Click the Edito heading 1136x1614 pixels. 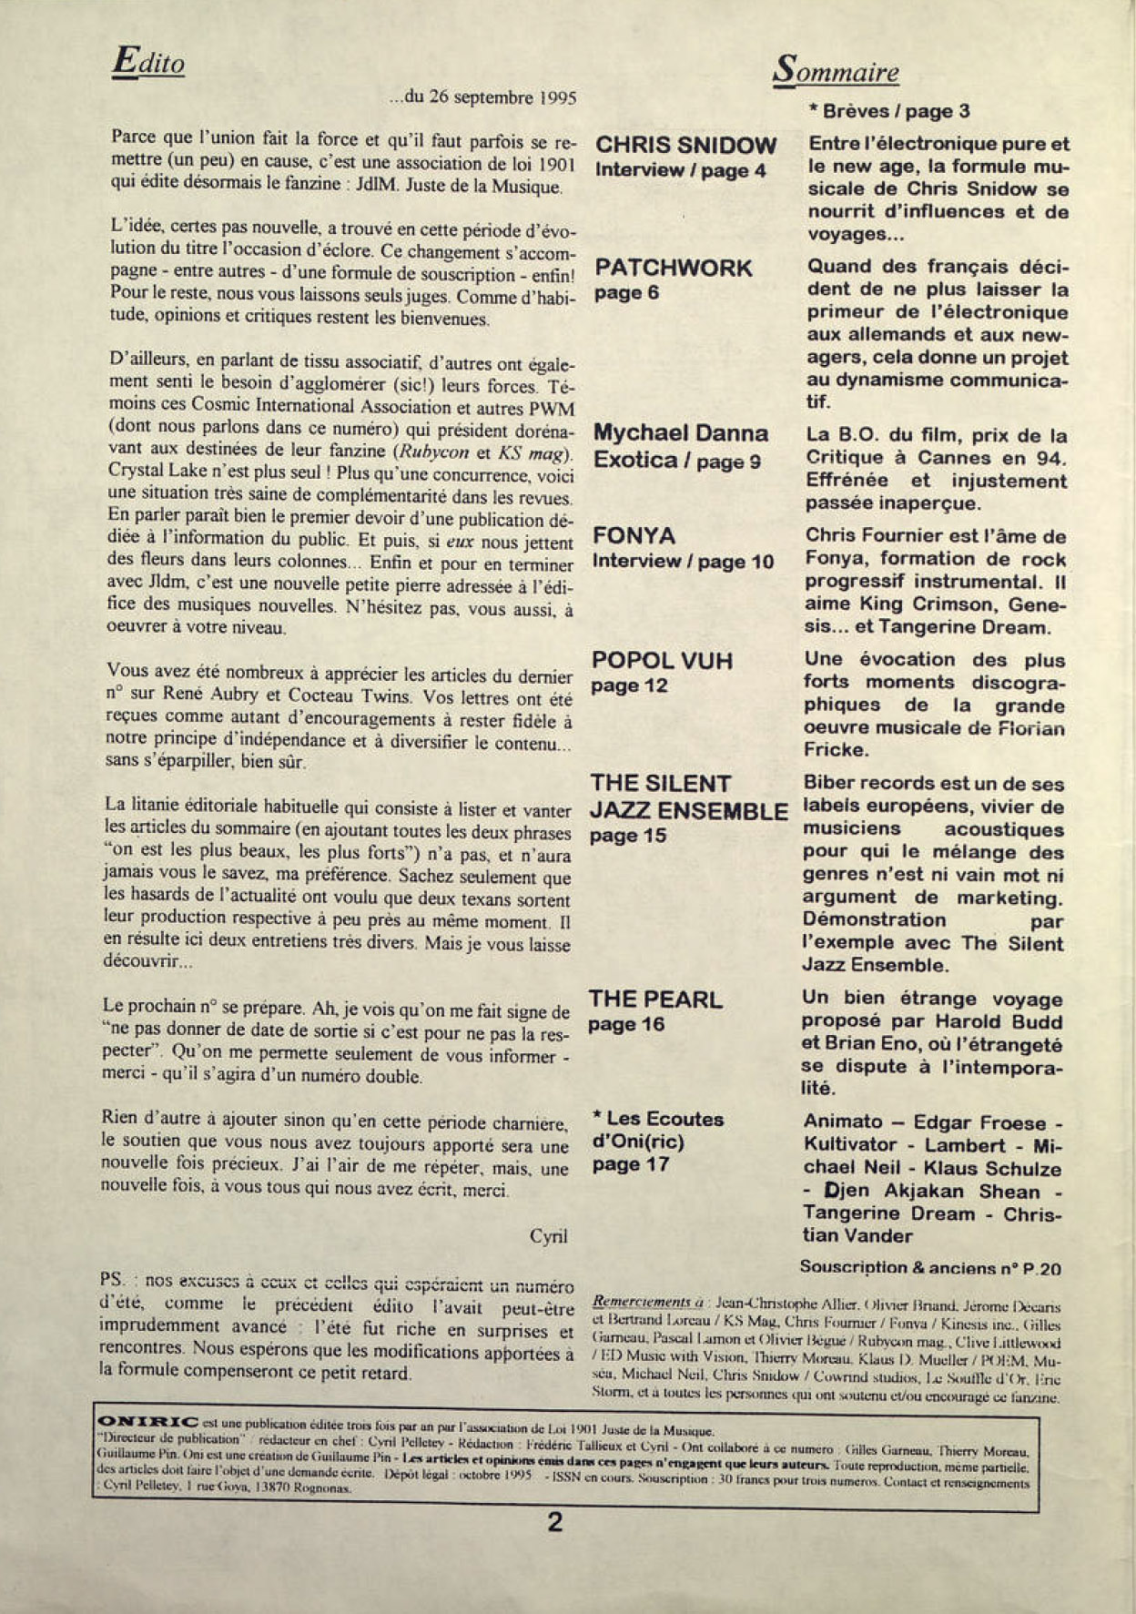click(x=148, y=62)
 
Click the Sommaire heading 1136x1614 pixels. click(x=836, y=71)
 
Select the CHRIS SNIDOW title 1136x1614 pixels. click(x=685, y=146)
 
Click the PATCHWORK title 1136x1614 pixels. click(x=674, y=269)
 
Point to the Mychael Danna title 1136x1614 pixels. click(x=681, y=433)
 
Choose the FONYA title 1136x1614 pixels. click(x=634, y=535)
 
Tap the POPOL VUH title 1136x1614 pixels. click(x=662, y=660)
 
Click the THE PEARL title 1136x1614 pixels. click(x=655, y=1000)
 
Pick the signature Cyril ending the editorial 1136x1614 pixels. click(x=548, y=1235)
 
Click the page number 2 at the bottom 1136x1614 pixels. click(x=554, y=1522)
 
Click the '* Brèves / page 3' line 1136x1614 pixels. click(x=888, y=112)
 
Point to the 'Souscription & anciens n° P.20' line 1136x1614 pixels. click(x=930, y=1267)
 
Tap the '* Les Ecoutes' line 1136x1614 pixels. click(x=658, y=1119)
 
